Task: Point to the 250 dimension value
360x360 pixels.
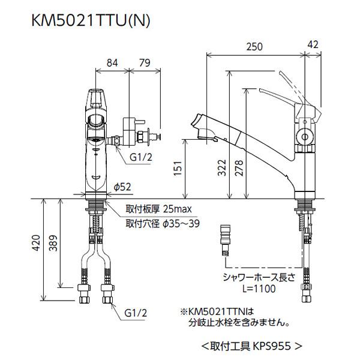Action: point(255,46)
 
